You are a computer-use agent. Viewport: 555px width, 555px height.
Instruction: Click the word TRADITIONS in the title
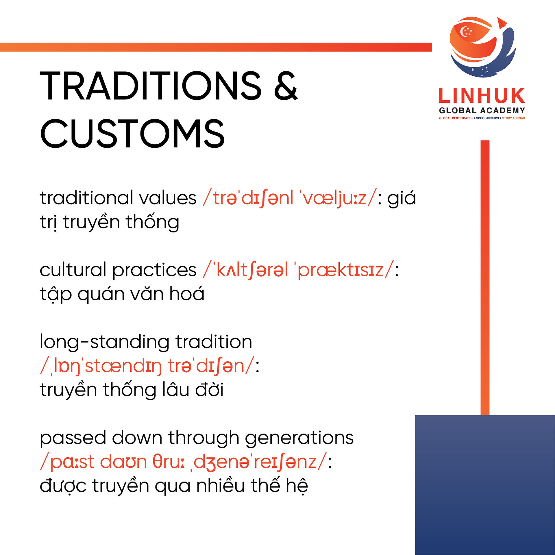coord(151,86)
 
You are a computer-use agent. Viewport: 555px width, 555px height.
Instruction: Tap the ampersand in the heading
coord(286,86)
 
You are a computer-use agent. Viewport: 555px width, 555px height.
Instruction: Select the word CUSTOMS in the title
coord(132,134)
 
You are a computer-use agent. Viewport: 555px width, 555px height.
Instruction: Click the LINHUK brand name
coord(482,96)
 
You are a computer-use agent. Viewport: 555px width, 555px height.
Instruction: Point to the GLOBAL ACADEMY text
coord(482,110)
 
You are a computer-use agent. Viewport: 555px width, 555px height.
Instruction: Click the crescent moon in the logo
coord(464,32)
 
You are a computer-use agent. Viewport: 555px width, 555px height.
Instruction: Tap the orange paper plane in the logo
coord(502,22)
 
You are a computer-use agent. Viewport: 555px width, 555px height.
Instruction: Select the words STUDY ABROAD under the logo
coord(513,118)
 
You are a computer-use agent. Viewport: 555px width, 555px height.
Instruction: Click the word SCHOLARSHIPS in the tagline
coord(487,118)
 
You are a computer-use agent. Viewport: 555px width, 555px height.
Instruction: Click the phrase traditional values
coord(118,198)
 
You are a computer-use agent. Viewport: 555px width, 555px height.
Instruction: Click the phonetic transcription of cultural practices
coord(299,271)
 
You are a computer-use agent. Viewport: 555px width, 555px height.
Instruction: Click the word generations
coord(299,438)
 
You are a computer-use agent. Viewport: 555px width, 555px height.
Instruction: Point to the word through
coord(204,438)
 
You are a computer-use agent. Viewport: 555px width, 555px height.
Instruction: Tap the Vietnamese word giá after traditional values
coord(402,198)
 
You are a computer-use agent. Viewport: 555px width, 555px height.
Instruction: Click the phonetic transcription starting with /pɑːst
coord(184,462)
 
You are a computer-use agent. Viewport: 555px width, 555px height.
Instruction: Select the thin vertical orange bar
coord(485,278)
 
